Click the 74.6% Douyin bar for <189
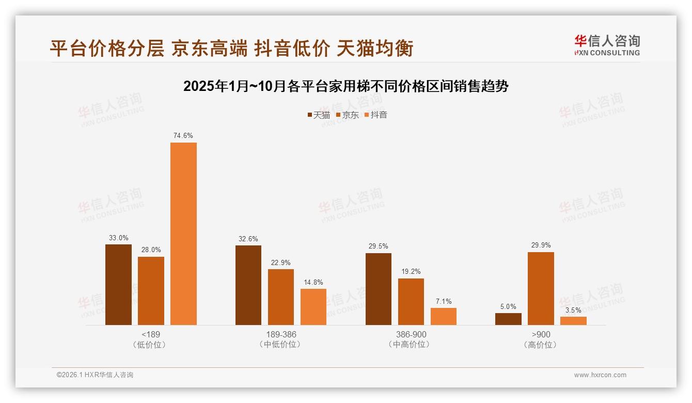(x=183, y=234)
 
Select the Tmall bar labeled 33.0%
(x=118, y=285)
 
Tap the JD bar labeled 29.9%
(x=541, y=288)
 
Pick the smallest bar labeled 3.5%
(x=573, y=321)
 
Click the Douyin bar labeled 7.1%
(x=444, y=316)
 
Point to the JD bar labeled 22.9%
(x=280, y=297)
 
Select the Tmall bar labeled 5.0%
(x=508, y=319)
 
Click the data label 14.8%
(x=313, y=282)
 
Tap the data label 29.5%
(x=378, y=246)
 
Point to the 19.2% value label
(x=411, y=271)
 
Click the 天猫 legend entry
(x=319, y=115)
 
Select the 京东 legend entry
(x=348, y=115)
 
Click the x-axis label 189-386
(x=281, y=334)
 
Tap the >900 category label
(x=541, y=334)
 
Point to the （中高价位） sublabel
(x=411, y=345)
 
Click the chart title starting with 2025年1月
(x=345, y=86)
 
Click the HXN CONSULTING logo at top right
(x=607, y=45)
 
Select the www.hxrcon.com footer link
(x=600, y=375)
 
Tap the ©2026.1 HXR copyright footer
(x=95, y=375)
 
